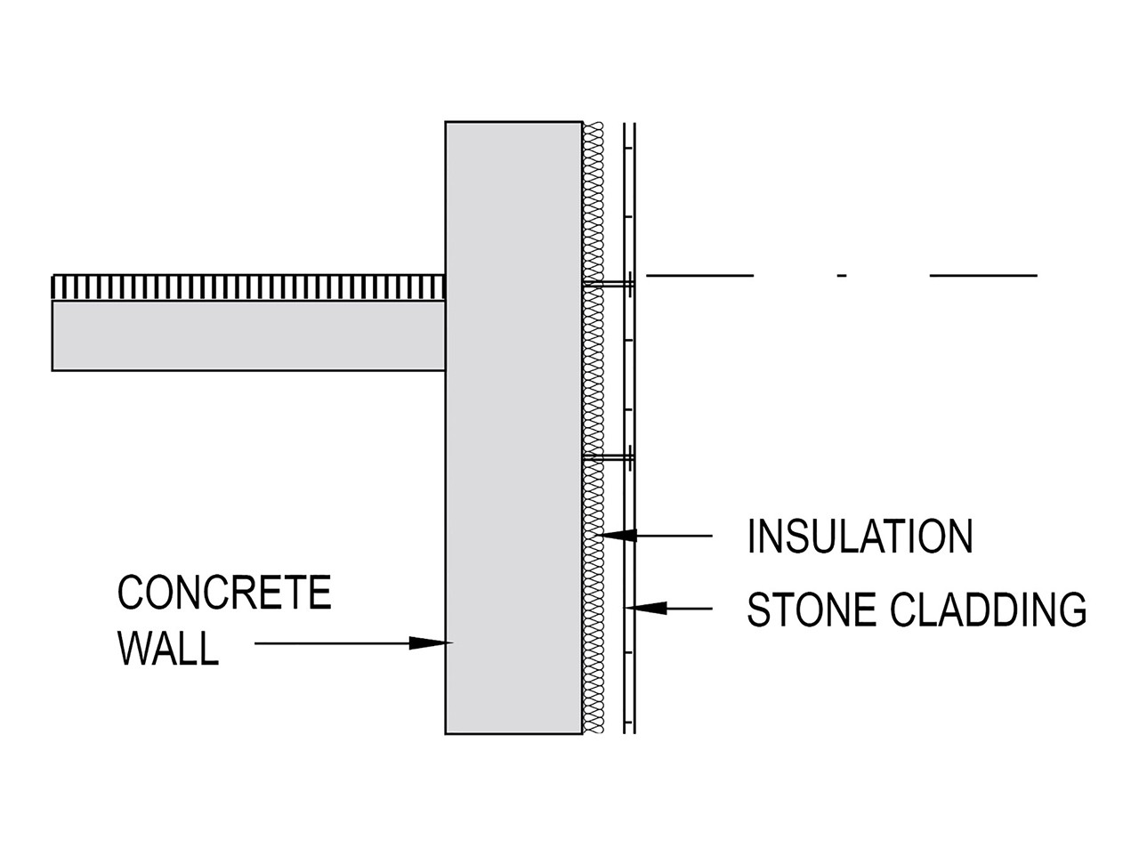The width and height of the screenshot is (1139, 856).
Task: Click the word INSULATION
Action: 860,537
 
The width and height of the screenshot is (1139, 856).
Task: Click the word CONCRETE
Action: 224,594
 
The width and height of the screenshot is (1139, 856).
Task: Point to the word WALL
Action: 168,649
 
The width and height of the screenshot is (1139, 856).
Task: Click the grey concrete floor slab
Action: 248,335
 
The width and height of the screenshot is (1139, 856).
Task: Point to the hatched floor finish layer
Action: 248,287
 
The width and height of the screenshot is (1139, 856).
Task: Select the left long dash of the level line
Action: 699,276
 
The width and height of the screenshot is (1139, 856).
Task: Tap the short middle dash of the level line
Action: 842,276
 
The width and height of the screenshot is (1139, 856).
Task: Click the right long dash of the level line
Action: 983,276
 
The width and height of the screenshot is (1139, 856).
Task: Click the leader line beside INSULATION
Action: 676,536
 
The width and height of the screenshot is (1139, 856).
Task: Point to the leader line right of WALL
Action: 334,642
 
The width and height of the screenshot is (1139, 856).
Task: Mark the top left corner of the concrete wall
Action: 446,122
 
